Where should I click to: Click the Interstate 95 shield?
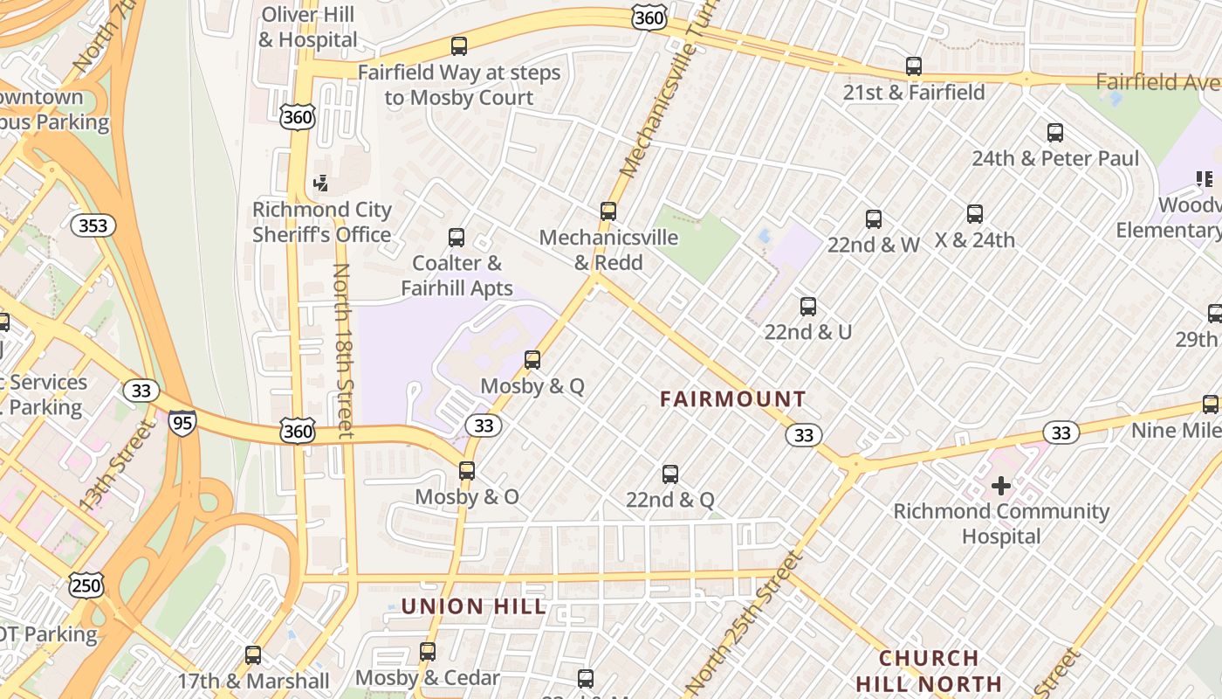pos(182,422)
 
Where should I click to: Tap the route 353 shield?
pos(93,225)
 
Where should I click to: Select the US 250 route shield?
pos(86,585)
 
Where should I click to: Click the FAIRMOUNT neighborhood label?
pos(732,399)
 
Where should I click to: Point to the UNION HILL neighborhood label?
pos(474,606)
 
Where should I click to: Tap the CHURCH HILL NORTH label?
pos(929,670)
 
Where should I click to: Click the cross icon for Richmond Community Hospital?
pos(1001,485)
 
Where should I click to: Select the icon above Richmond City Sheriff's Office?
pos(321,183)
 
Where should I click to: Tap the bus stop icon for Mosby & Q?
pos(532,360)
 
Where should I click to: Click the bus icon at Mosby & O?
pos(467,471)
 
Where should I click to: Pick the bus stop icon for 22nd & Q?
pos(670,474)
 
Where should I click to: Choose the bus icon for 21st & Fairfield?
pos(914,66)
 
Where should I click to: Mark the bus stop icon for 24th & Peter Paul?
pos(1055,133)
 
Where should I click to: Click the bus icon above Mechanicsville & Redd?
pos(608,211)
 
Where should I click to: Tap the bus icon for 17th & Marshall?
pos(253,654)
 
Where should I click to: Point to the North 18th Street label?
pos(343,349)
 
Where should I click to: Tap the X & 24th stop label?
pos(975,239)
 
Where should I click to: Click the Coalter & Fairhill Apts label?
pos(457,274)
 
